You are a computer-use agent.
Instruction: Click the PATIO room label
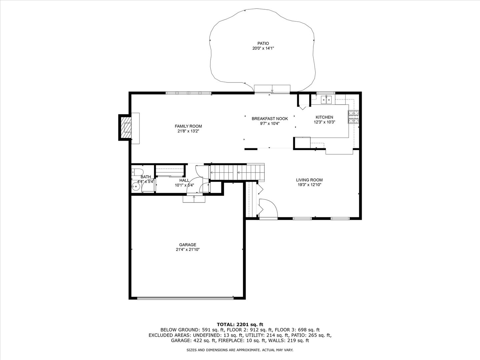(x=263, y=43)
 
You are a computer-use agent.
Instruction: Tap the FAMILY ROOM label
(x=188, y=126)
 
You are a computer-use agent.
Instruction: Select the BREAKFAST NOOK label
(x=270, y=119)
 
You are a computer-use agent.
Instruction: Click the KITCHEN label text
(x=324, y=117)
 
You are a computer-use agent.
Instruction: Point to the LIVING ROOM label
(x=309, y=180)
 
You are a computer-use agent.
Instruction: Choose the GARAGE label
(x=188, y=245)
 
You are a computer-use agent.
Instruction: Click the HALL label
(x=184, y=180)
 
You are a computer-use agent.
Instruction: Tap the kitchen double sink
(x=326, y=100)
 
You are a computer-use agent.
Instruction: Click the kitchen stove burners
(x=353, y=117)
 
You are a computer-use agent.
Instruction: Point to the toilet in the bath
(x=137, y=172)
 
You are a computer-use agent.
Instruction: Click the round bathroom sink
(x=136, y=187)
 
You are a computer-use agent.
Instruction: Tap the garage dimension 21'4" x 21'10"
(x=188, y=250)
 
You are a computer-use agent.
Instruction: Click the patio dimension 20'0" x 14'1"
(x=263, y=48)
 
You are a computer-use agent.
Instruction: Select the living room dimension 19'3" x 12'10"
(x=309, y=185)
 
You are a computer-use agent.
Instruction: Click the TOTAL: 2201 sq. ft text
(x=240, y=324)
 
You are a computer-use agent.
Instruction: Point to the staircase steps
(x=237, y=172)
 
